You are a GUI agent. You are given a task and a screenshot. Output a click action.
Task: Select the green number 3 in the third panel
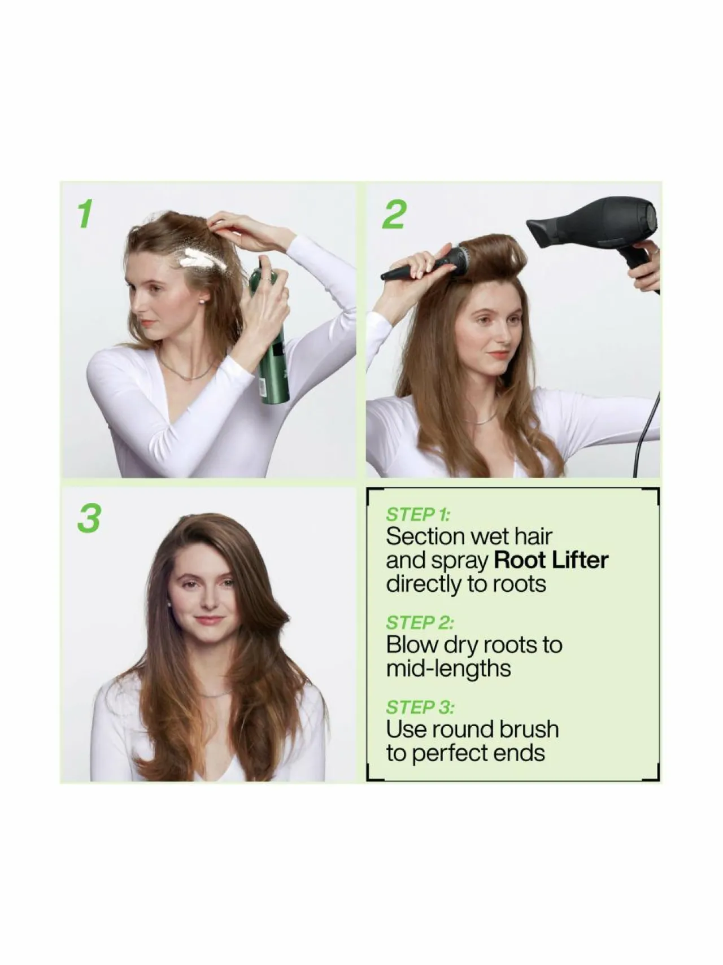(89, 518)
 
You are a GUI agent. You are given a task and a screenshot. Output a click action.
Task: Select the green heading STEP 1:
(418, 514)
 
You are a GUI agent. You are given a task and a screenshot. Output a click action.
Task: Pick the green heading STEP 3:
(420, 707)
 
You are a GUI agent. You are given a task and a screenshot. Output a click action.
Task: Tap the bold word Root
(519, 560)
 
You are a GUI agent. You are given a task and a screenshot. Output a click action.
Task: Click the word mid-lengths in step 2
(448, 669)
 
